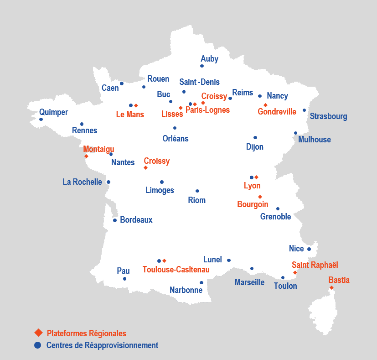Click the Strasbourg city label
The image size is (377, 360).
(x=328, y=116)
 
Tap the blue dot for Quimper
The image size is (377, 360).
(x=41, y=120)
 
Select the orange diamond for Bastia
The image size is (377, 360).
(x=331, y=287)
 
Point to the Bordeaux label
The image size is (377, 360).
(x=136, y=220)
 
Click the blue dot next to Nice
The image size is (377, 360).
(x=309, y=249)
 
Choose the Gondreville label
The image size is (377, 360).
(x=277, y=112)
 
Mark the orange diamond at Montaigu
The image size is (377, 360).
(x=86, y=157)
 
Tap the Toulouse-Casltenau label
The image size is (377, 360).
(x=176, y=270)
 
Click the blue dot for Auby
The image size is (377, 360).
(x=202, y=66)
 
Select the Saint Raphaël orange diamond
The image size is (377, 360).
(x=295, y=272)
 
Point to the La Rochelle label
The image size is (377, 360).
(x=82, y=182)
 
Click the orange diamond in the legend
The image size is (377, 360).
(x=38, y=333)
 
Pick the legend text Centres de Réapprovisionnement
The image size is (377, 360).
(x=102, y=345)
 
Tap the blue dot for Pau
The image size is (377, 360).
(x=124, y=279)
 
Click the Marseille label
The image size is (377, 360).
(x=249, y=282)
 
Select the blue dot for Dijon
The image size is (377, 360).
(x=255, y=137)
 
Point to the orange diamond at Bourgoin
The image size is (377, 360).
(x=260, y=197)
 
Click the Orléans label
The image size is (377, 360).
(x=175, y=138)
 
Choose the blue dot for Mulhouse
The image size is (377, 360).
(x=295, y=133)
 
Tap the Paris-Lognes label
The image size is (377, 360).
(x=207, y=110)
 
